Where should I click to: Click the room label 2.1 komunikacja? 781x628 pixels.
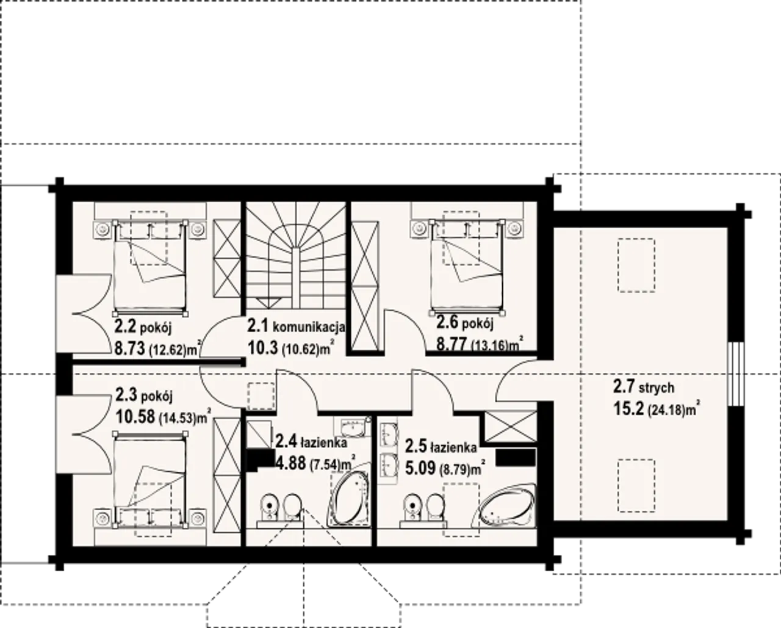tap(296, 327)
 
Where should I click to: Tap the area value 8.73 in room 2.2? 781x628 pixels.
tap(130, 349)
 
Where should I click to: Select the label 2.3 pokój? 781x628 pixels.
tap(144, 395)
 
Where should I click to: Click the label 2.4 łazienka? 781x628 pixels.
tap(311, 441)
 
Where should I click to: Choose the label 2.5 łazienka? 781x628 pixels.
tap(441, 447)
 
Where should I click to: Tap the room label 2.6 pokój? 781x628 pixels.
tap(464, 323)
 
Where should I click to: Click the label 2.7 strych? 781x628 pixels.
tap(644, 387)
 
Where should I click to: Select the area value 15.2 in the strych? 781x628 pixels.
tap(628, 409)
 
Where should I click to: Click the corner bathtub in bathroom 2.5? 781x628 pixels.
tap(503, 506)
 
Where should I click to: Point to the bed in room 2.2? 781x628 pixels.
tap(150, 267)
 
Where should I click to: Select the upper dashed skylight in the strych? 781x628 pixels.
tap(636, 265)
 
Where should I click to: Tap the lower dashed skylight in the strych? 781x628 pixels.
tap(636, 486)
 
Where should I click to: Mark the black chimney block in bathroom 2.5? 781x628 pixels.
tap(516, 457)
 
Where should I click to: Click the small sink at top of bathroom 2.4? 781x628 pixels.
tap(353, 427)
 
